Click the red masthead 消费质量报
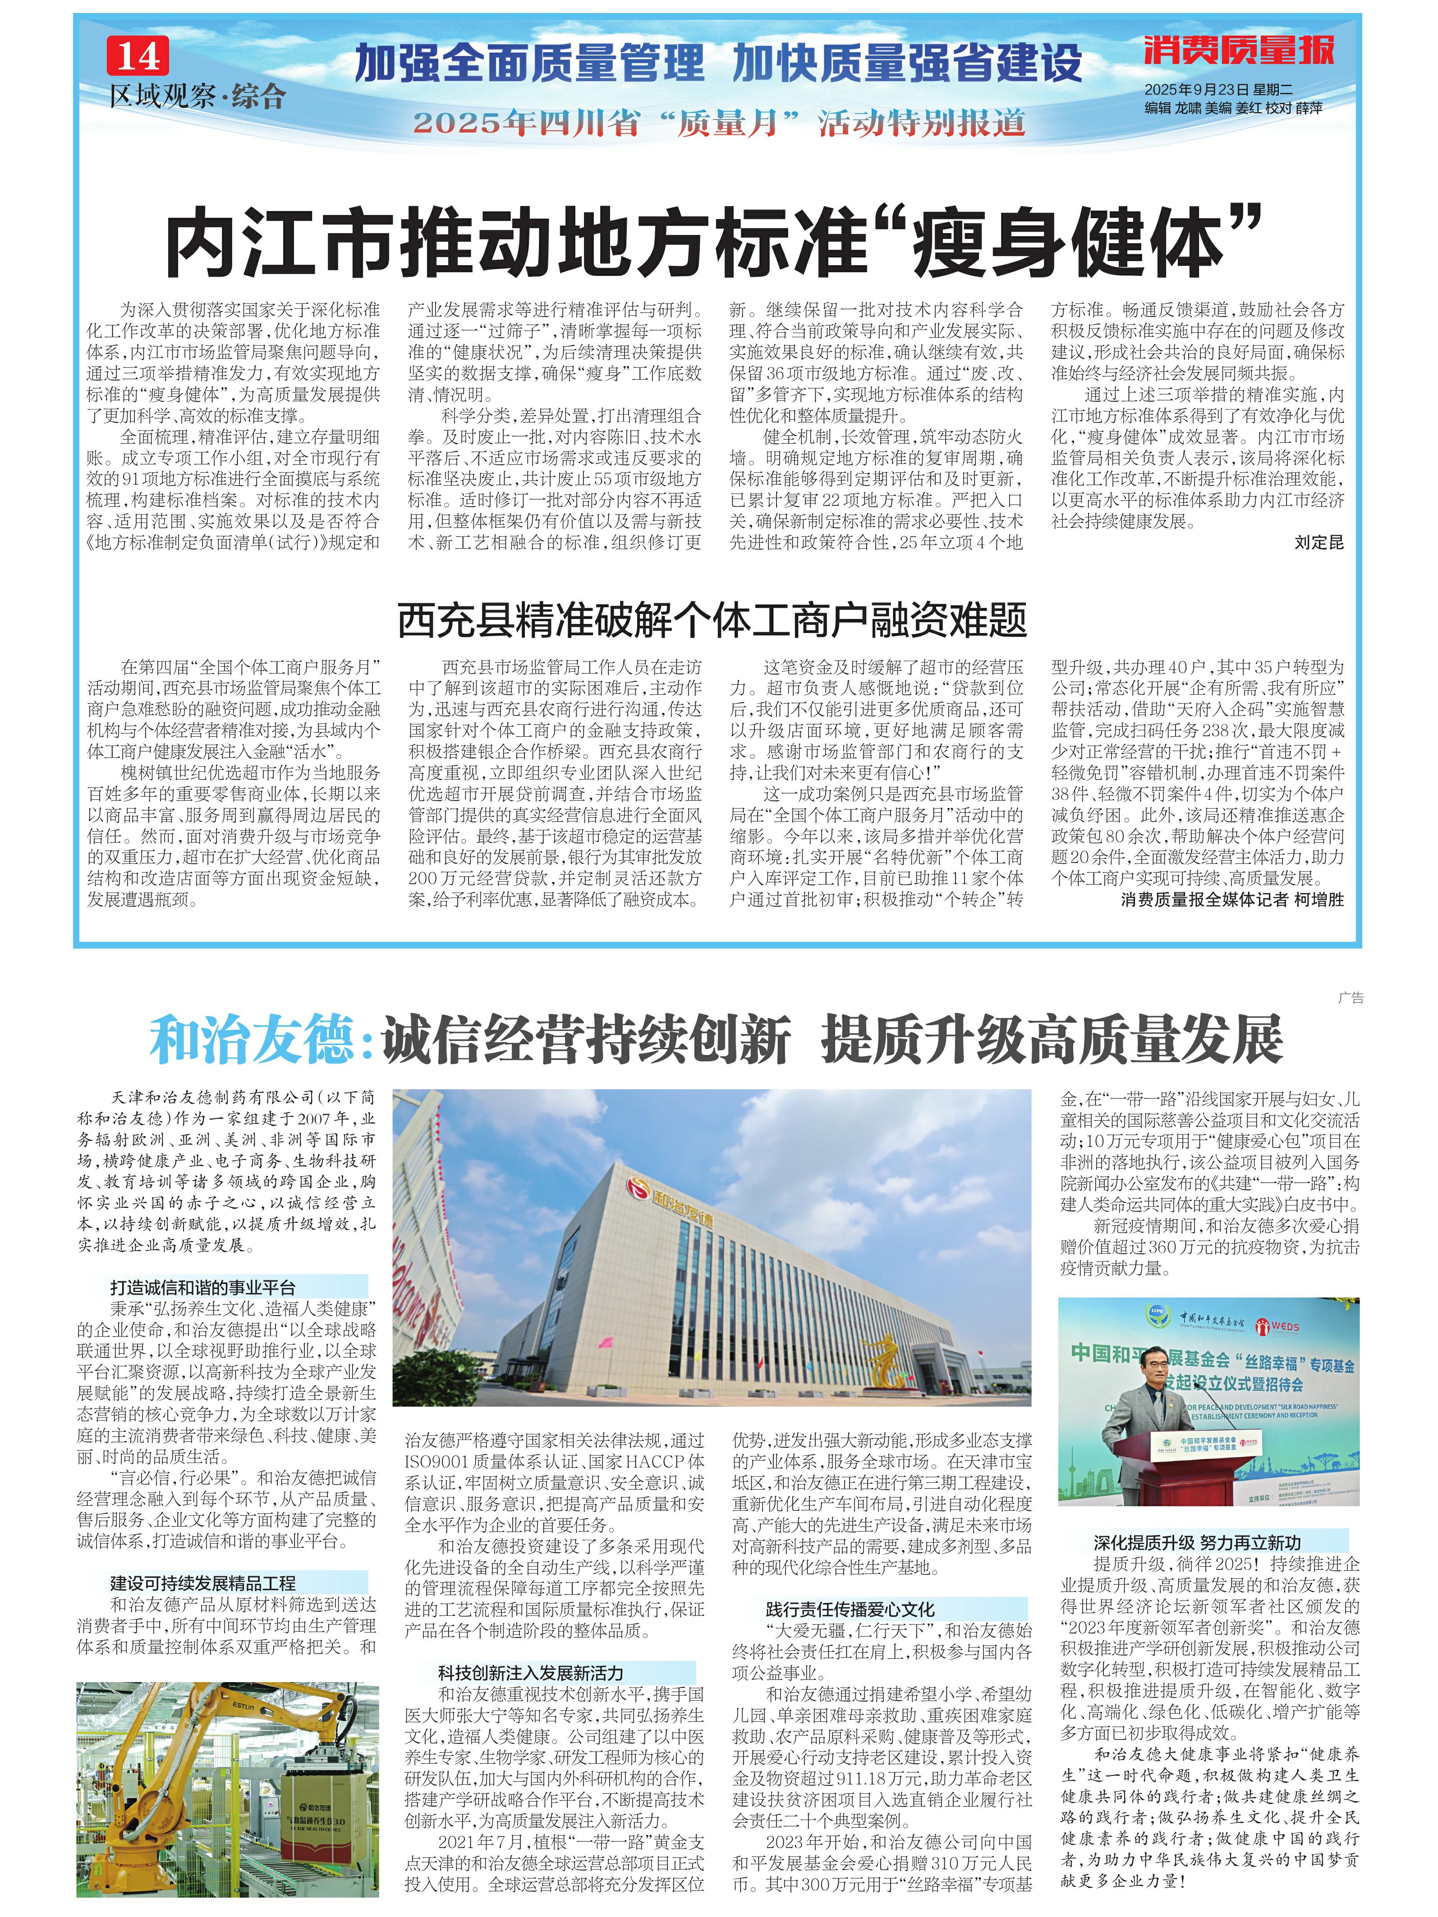tap(1238, 50)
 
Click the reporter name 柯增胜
tap(1319, 899)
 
